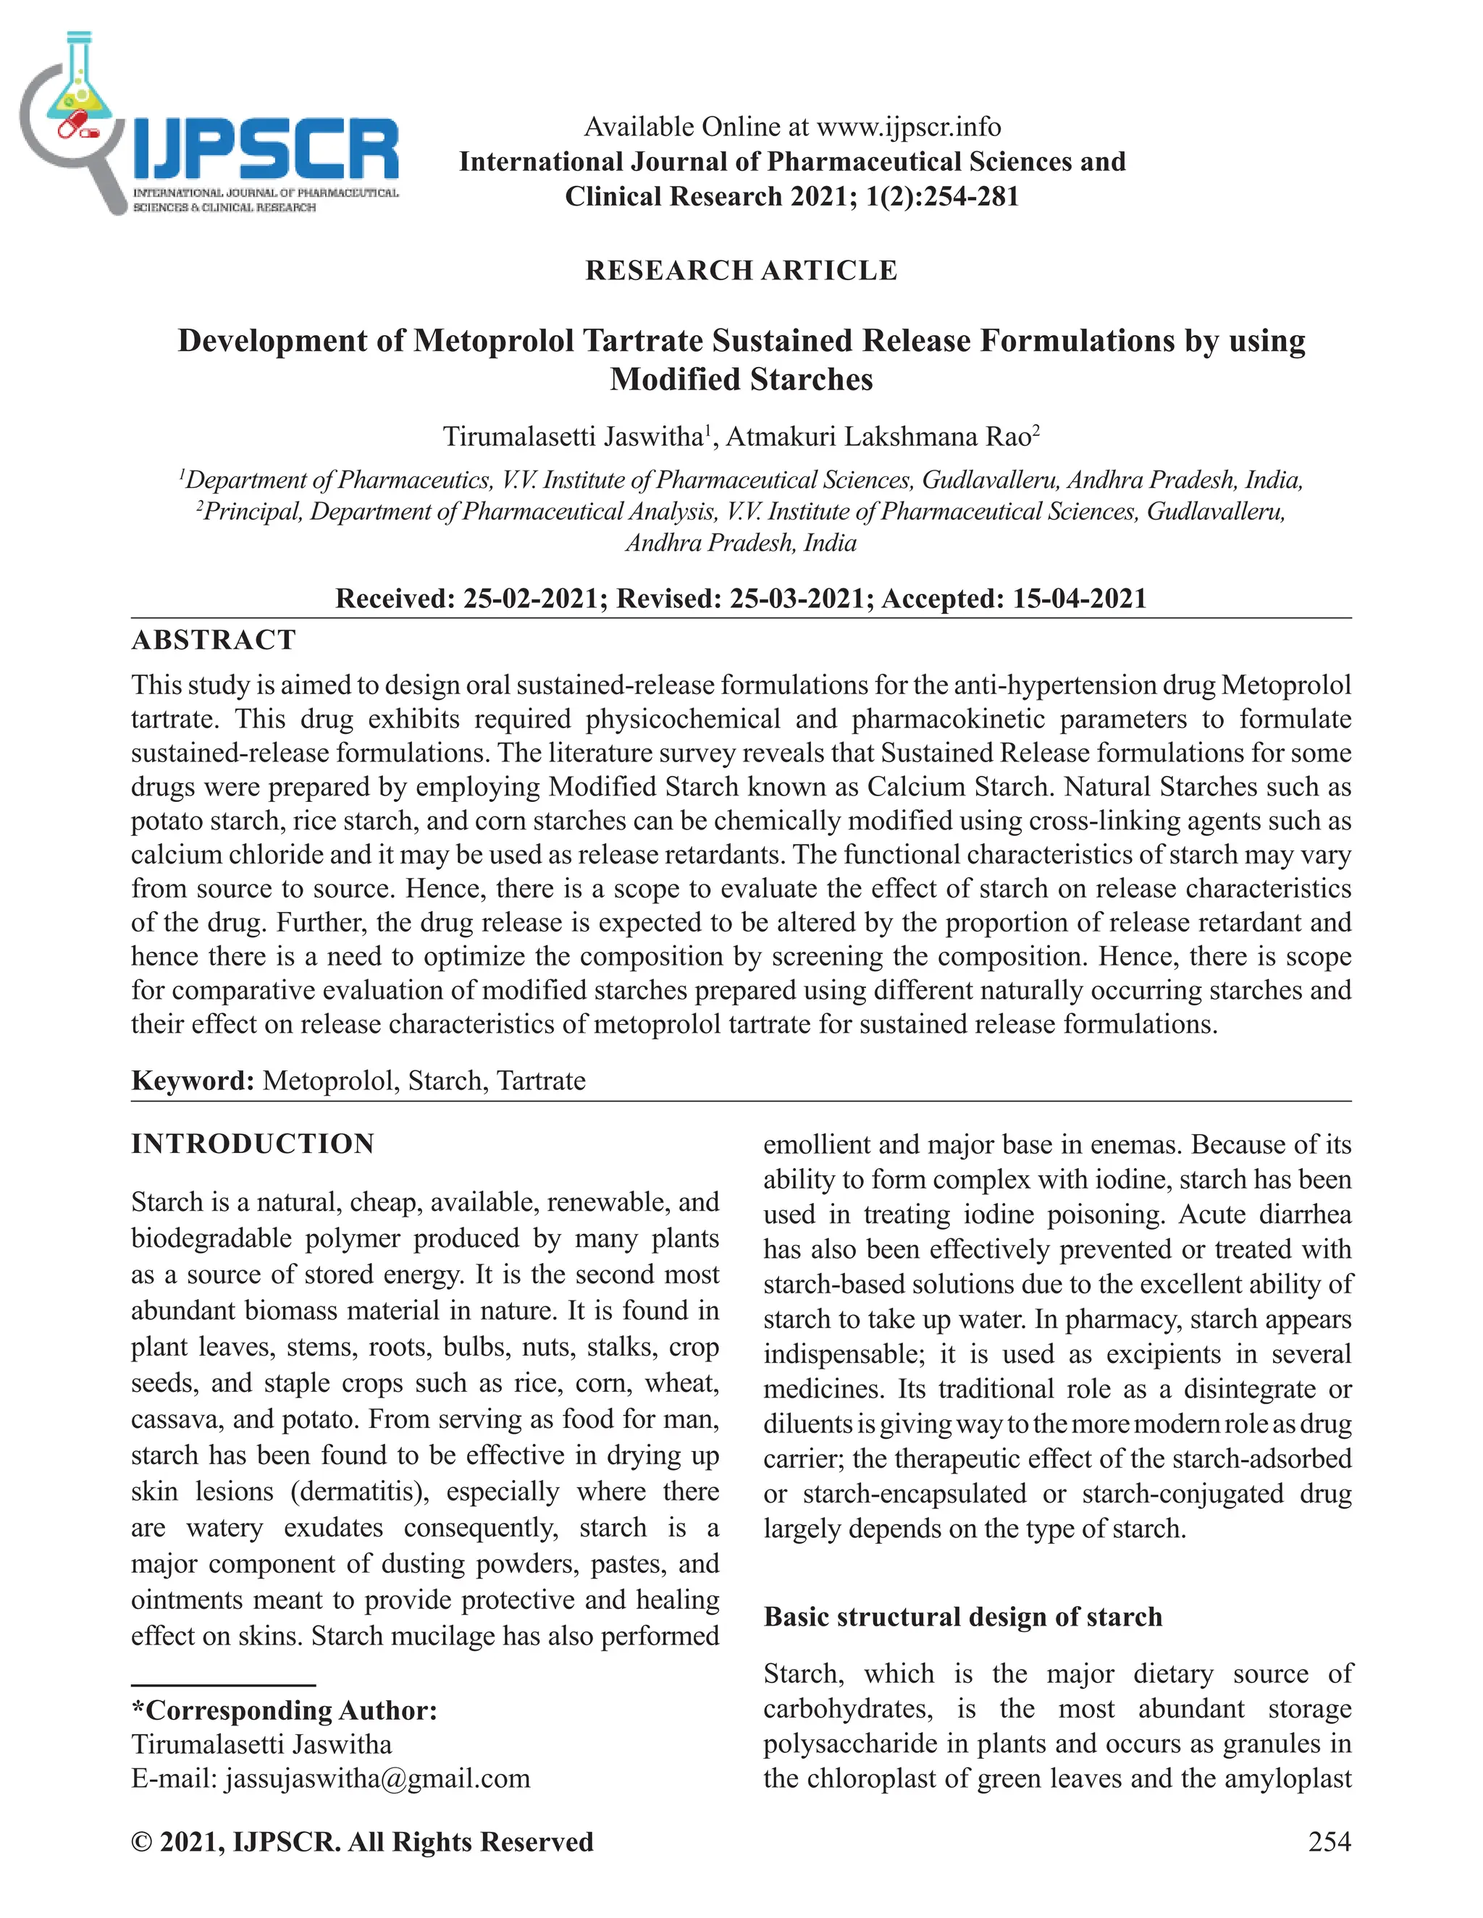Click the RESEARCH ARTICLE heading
741,271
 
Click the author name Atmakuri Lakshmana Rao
878,436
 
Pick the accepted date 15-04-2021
1080,599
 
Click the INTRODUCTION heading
253,1144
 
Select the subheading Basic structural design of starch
962,1617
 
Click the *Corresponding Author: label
284,1710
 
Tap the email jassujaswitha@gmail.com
378,1778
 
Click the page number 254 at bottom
1329,1841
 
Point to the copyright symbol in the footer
140,1841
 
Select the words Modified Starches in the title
741,379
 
